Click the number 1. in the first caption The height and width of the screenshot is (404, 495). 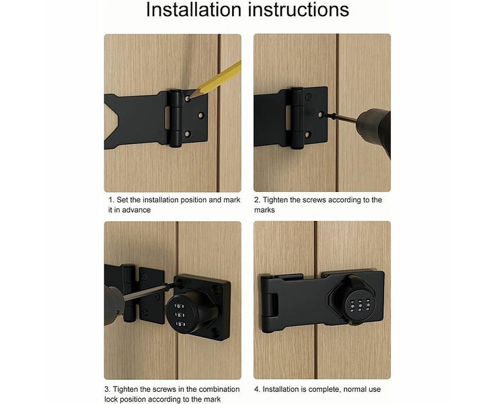(x=111, y=200)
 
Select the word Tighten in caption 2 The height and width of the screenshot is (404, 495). (x=277, y=200)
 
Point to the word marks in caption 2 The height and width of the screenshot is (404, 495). (x=264, y=210)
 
